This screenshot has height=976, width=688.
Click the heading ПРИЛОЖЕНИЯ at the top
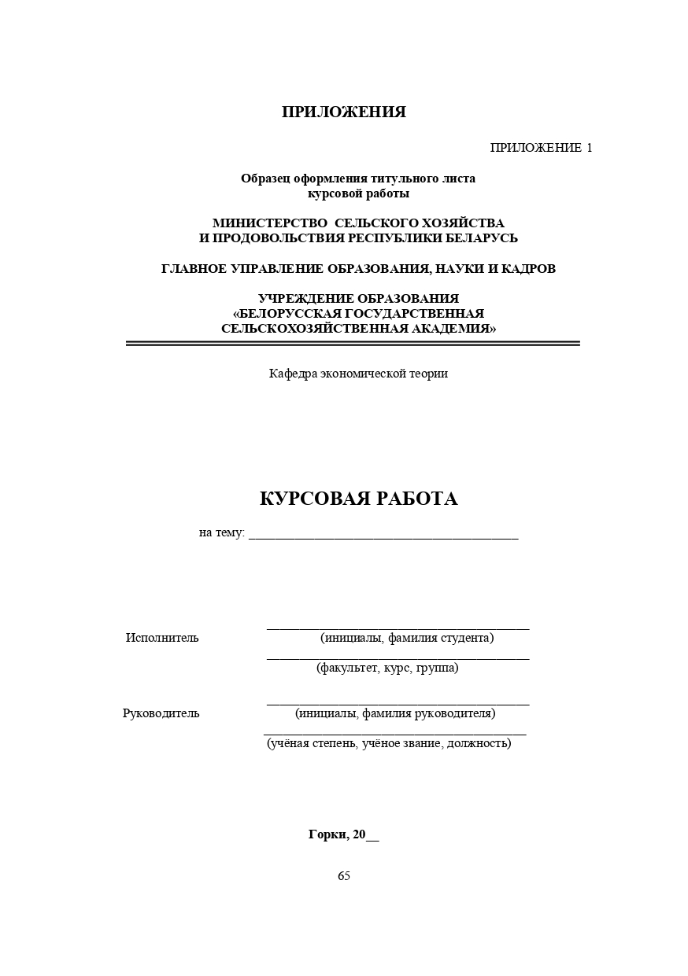344,112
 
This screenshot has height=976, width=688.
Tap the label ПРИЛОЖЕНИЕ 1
541,148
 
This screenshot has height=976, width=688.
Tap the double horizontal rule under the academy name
353,344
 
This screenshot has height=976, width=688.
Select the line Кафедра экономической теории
358,374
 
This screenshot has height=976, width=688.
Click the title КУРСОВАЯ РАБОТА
358,499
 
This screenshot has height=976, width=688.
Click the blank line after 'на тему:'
383,535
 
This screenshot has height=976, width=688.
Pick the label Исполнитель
162,638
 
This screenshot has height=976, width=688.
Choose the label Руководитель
161,713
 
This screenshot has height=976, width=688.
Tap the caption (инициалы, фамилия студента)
407,638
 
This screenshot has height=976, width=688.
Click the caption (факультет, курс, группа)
387,668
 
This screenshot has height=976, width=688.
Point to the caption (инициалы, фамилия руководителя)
395,713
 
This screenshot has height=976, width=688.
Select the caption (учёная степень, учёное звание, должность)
389,743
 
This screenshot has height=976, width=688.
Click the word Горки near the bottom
327,835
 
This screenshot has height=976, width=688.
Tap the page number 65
344,876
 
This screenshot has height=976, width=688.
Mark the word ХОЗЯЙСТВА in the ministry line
467,223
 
